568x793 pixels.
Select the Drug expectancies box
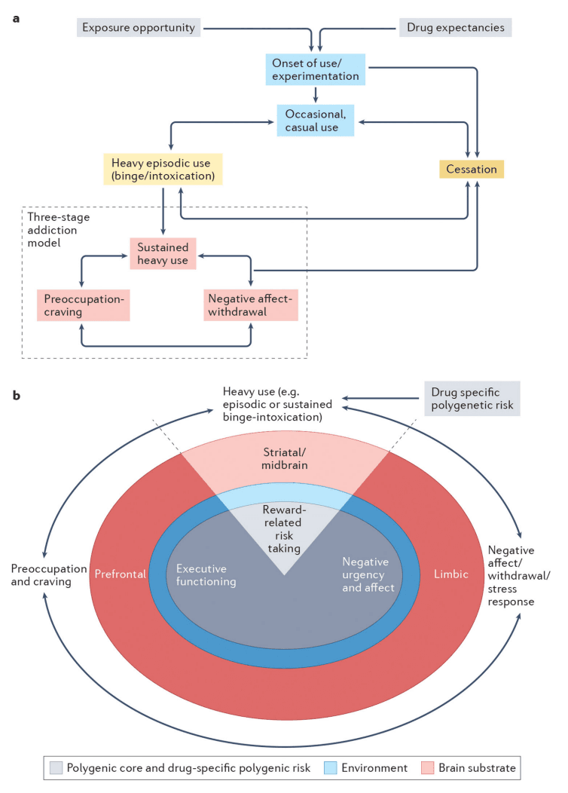(x=455, y=28)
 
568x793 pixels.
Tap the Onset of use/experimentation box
(x=315, y=69)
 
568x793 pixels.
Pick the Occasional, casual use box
(x=316, y=120)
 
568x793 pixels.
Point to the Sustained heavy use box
(x=163, y=254)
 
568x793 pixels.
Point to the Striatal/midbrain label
(x=285, y=457)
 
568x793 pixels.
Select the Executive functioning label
(x=202, y=575)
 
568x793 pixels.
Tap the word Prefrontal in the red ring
(x=120, y=574)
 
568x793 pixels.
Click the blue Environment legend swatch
(x=329, y=767)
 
